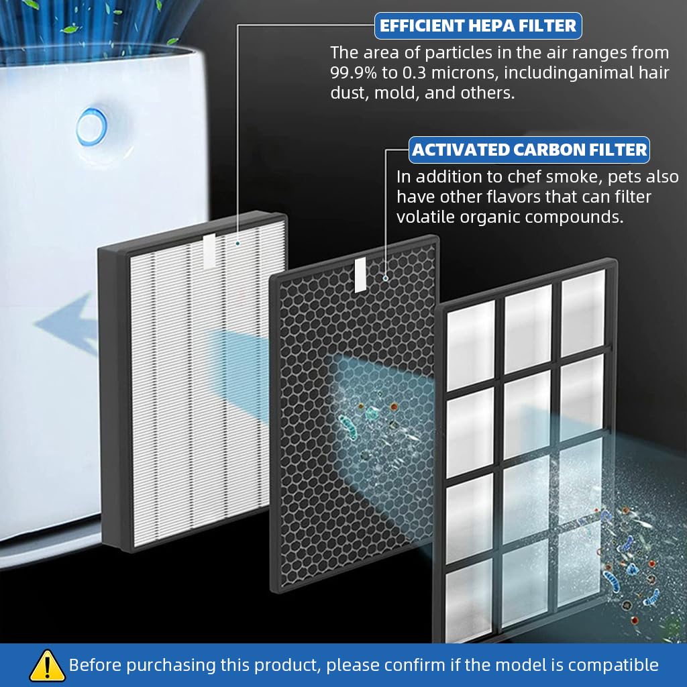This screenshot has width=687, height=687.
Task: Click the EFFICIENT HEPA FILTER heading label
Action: coord(478,26)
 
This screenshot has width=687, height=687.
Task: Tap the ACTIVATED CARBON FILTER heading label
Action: coord(529,150)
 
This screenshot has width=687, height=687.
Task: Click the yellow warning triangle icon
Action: coord(47,666)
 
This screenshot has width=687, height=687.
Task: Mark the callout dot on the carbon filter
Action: coord(385,276)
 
